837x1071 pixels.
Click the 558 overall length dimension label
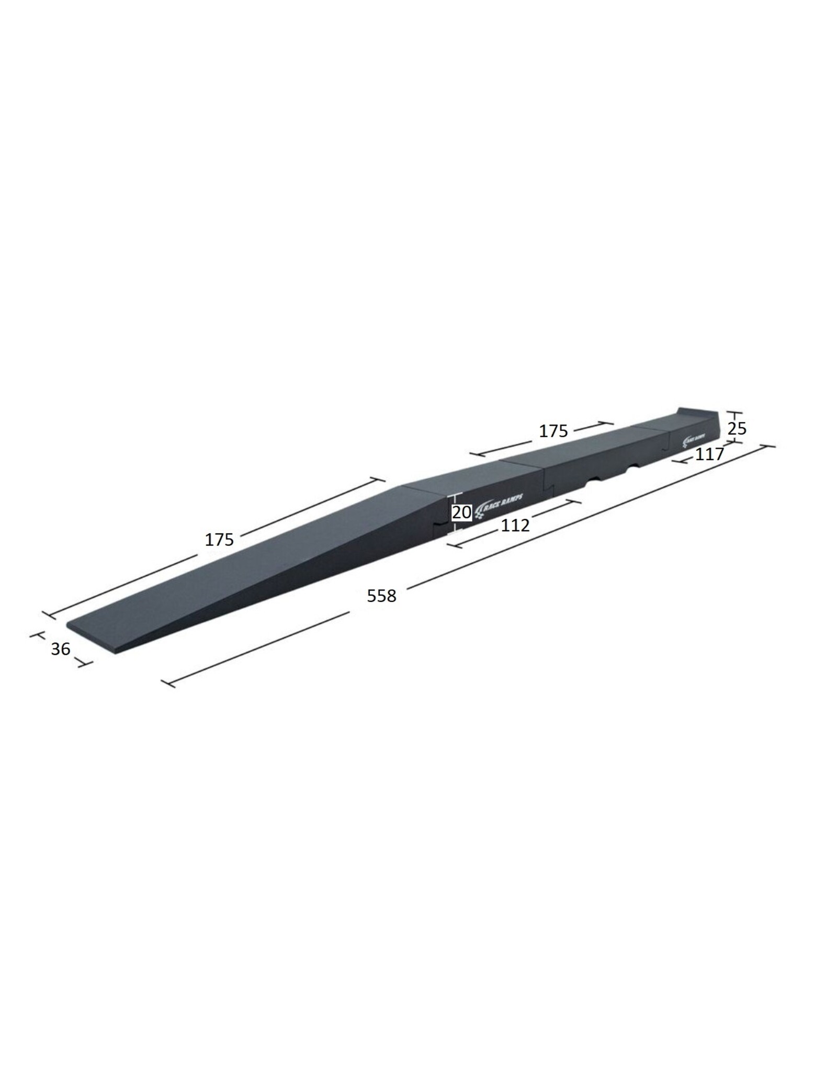(x=381, y=596)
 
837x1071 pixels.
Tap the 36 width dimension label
(x=61, y=649)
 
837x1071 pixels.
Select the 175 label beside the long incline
(x=219, y=539)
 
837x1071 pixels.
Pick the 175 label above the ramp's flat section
(x=553, y=431)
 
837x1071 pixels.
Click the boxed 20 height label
(x=461, y=512)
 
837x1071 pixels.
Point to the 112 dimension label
(x=515, y=525)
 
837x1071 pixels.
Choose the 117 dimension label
(x=709, y=454)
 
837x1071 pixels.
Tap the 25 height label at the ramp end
(x=737, y=429)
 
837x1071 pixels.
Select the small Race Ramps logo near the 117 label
(x=695, y=441)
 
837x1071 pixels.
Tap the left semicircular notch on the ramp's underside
(x=595, y=477)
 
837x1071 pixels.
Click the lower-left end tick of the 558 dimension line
(x=168, y=683)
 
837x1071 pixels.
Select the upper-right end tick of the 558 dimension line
(x=767, y=446)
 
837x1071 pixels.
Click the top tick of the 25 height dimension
(x=734, y=412)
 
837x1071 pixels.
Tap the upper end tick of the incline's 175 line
(x=378, y=478)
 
